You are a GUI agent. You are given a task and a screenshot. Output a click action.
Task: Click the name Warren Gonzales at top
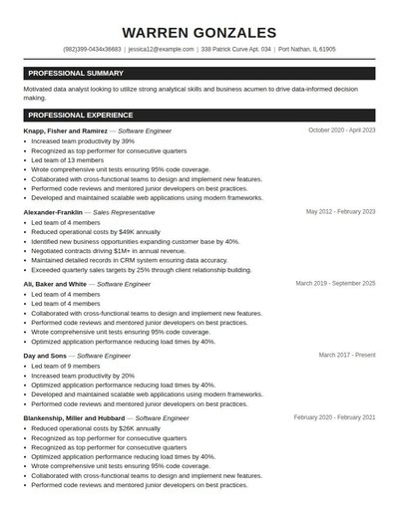tap(199, 33)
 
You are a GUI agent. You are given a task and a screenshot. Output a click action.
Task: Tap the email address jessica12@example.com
tap(161, 49)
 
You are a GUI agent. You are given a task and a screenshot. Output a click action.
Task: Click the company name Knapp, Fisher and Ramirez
tap(65, 130)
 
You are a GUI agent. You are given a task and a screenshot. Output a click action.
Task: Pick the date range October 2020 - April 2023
tap(342, 130)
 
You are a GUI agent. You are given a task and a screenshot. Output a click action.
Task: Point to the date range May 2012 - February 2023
tap(340, 212)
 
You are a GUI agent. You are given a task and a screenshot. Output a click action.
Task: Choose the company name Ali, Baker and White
tap(55, 284)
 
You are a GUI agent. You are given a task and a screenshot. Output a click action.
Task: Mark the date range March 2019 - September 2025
tap(336, 284)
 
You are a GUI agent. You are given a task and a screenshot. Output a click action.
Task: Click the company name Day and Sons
tap(44, 356)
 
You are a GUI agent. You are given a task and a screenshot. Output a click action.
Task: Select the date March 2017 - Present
tap(347, 356)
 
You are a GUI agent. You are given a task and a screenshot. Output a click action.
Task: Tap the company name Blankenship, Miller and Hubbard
tap(76, 418)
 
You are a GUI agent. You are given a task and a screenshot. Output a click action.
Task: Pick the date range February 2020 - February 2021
tap(334, 418)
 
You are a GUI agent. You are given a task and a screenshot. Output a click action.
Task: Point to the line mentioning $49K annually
tap(96, 232)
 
